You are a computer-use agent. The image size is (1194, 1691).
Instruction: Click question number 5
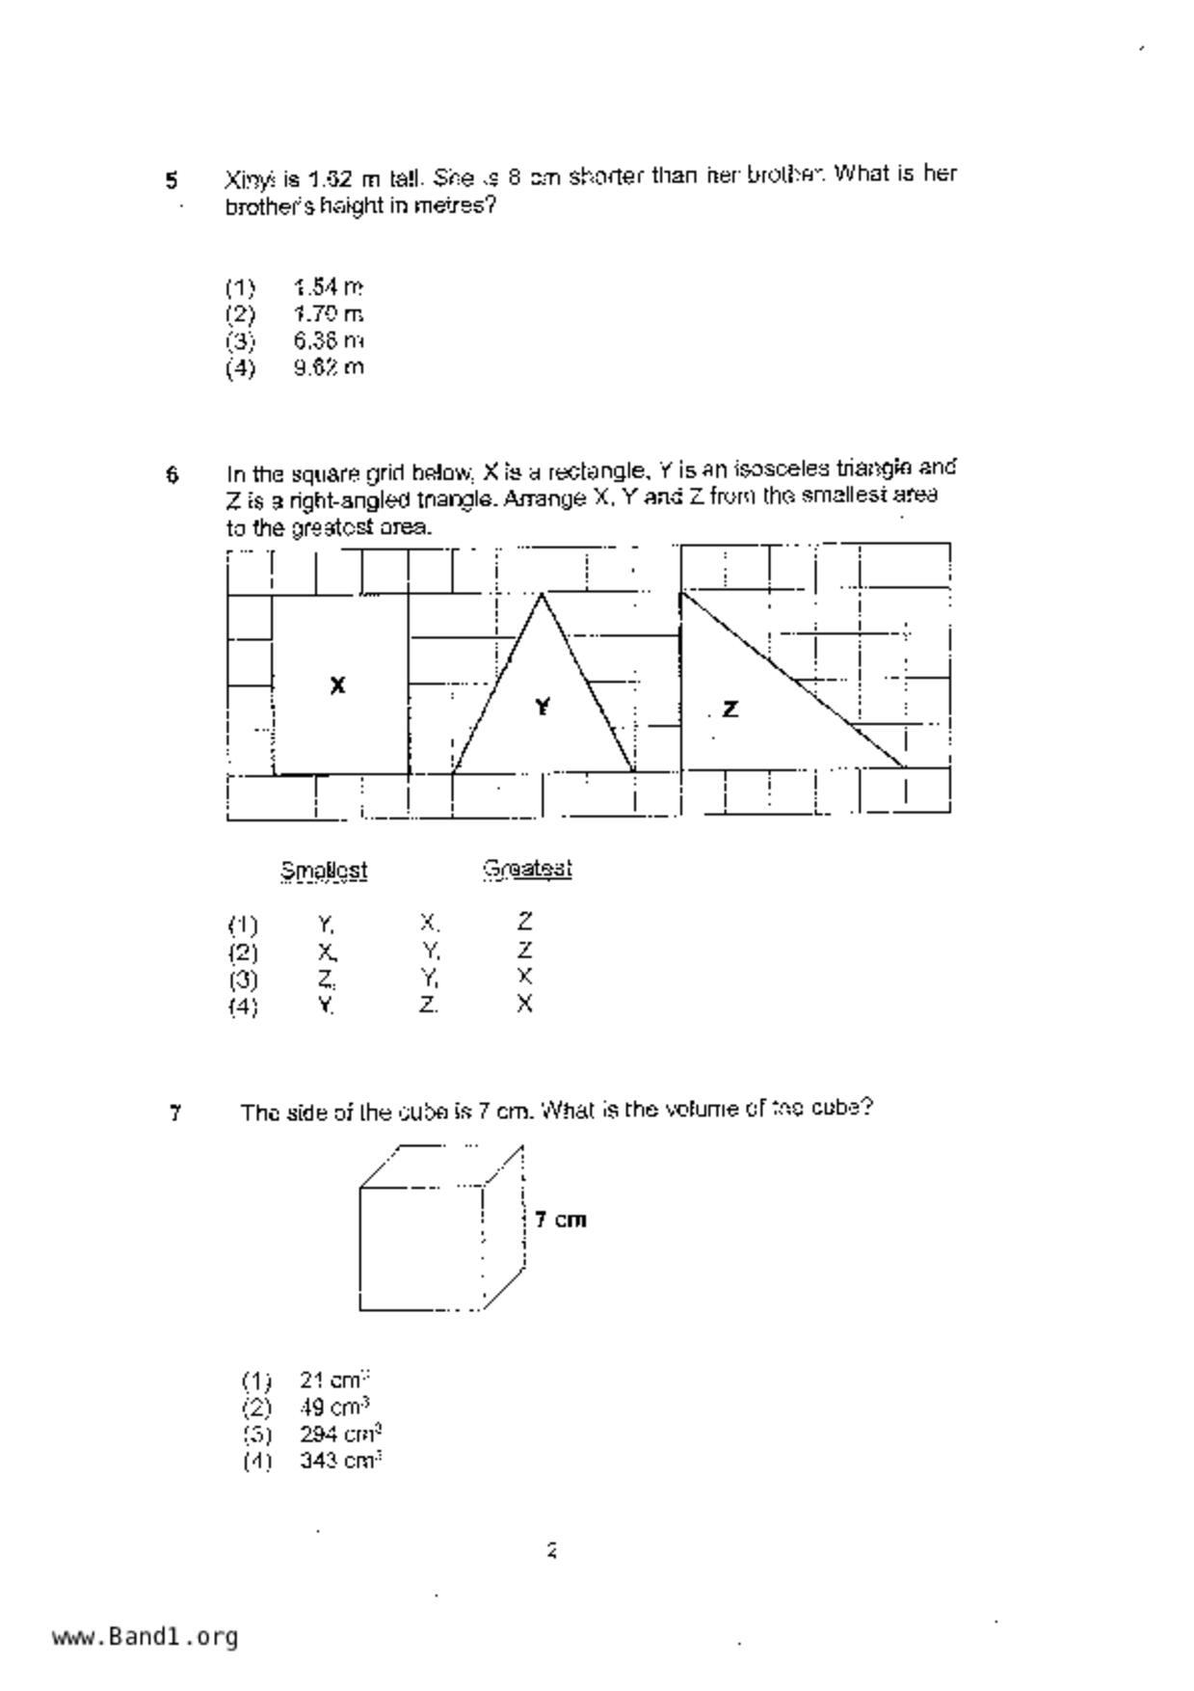point(172,180)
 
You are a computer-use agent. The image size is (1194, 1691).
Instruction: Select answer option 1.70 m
point(329,314)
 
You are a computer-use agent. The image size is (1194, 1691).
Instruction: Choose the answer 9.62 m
point(329,367)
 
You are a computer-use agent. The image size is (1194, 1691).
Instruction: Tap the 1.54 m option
point(329,287)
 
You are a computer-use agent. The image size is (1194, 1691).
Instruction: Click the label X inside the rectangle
point(337,685)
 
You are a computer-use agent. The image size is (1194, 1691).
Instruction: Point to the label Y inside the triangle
point(543,708)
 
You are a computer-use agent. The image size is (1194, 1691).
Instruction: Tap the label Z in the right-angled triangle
point(730,710)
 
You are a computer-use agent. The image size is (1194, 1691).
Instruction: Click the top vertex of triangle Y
point(543,594)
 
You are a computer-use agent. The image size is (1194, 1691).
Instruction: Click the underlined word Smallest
point(324,871)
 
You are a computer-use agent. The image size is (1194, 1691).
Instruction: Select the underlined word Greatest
point(527,869)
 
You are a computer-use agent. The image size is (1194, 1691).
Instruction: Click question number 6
point(172,474)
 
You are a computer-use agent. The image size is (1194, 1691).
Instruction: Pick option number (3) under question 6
point(243,980)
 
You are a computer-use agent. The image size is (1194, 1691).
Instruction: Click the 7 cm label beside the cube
point(560,1220)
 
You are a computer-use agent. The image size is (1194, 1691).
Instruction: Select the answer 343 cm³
point(340,1461)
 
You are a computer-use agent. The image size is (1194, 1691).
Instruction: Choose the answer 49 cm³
point(334,1407)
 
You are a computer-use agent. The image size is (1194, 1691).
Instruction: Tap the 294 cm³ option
point(340,1434)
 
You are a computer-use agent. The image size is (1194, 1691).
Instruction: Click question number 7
point(175,1114)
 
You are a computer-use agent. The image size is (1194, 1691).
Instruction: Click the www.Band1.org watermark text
point(145,1636)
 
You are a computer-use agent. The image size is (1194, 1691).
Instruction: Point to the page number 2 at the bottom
point(552,1550)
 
